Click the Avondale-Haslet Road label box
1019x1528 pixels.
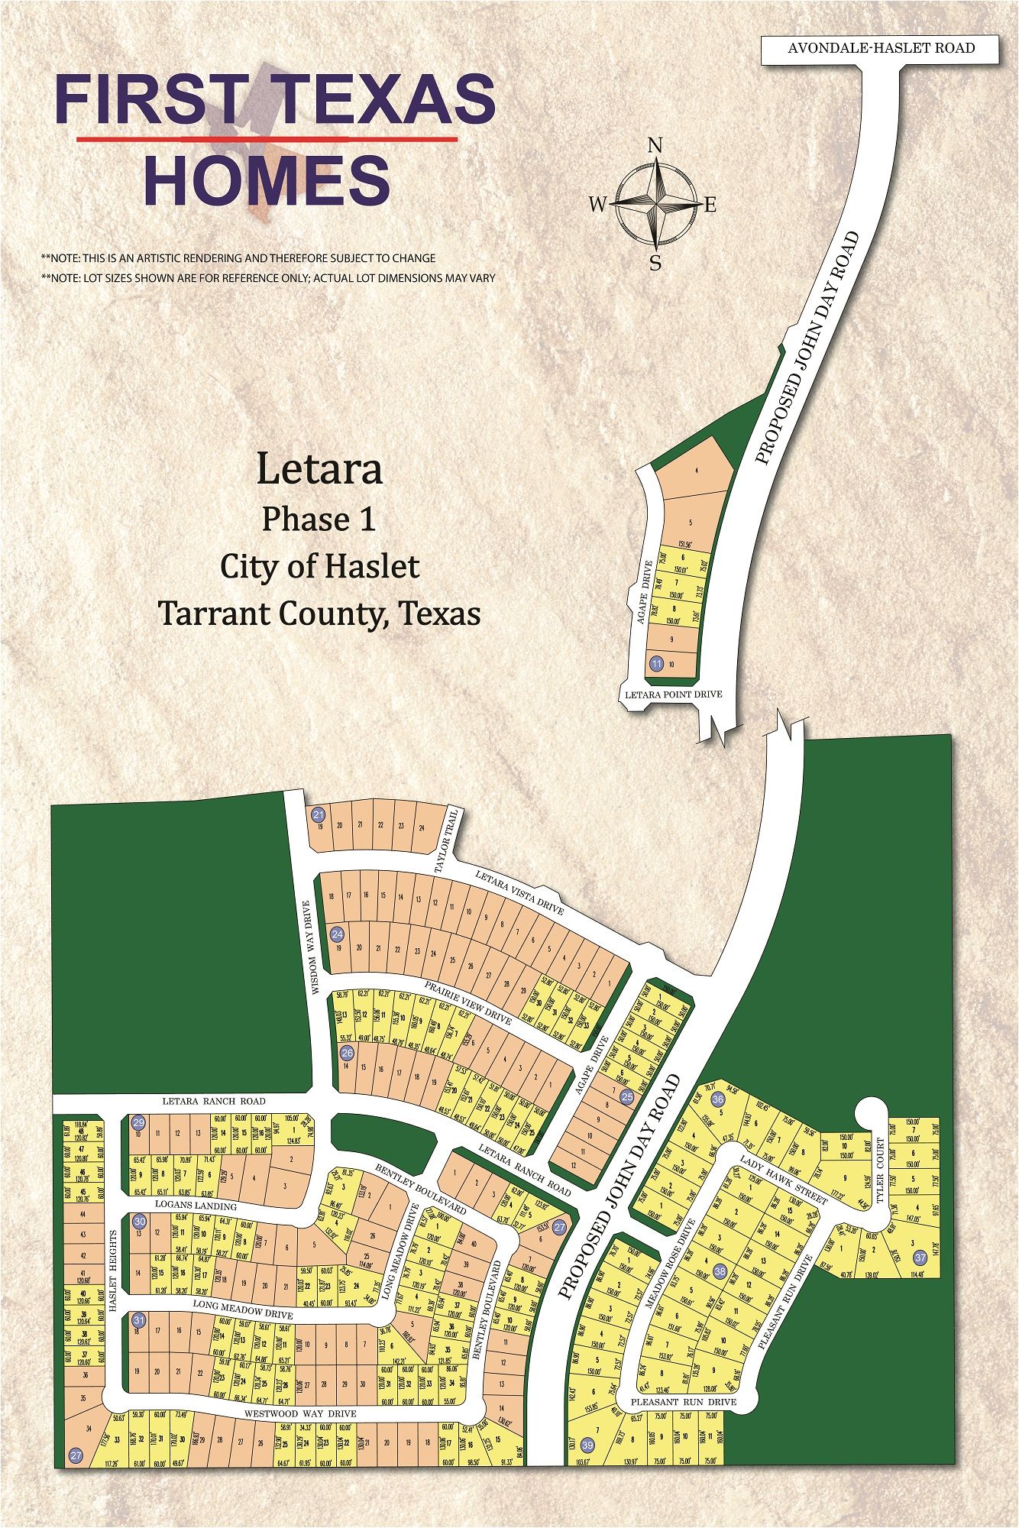(x=880, y=48)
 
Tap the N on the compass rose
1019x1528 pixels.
(x=655, y=146)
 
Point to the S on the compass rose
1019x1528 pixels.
(x=655, y=264)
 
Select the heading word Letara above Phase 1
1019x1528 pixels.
(x=319, y=469)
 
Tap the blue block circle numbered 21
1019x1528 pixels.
(x=319, y=814)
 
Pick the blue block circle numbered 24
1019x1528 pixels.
(x=337, y=934)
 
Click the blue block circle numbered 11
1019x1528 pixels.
(x=656, y=663)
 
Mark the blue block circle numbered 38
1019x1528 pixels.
(x=720, y=1271)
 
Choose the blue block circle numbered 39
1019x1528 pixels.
(x=587, y=1445)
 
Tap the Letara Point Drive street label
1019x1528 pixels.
(x=673, y=694)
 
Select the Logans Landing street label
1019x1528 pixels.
(x=196, y=1206)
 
